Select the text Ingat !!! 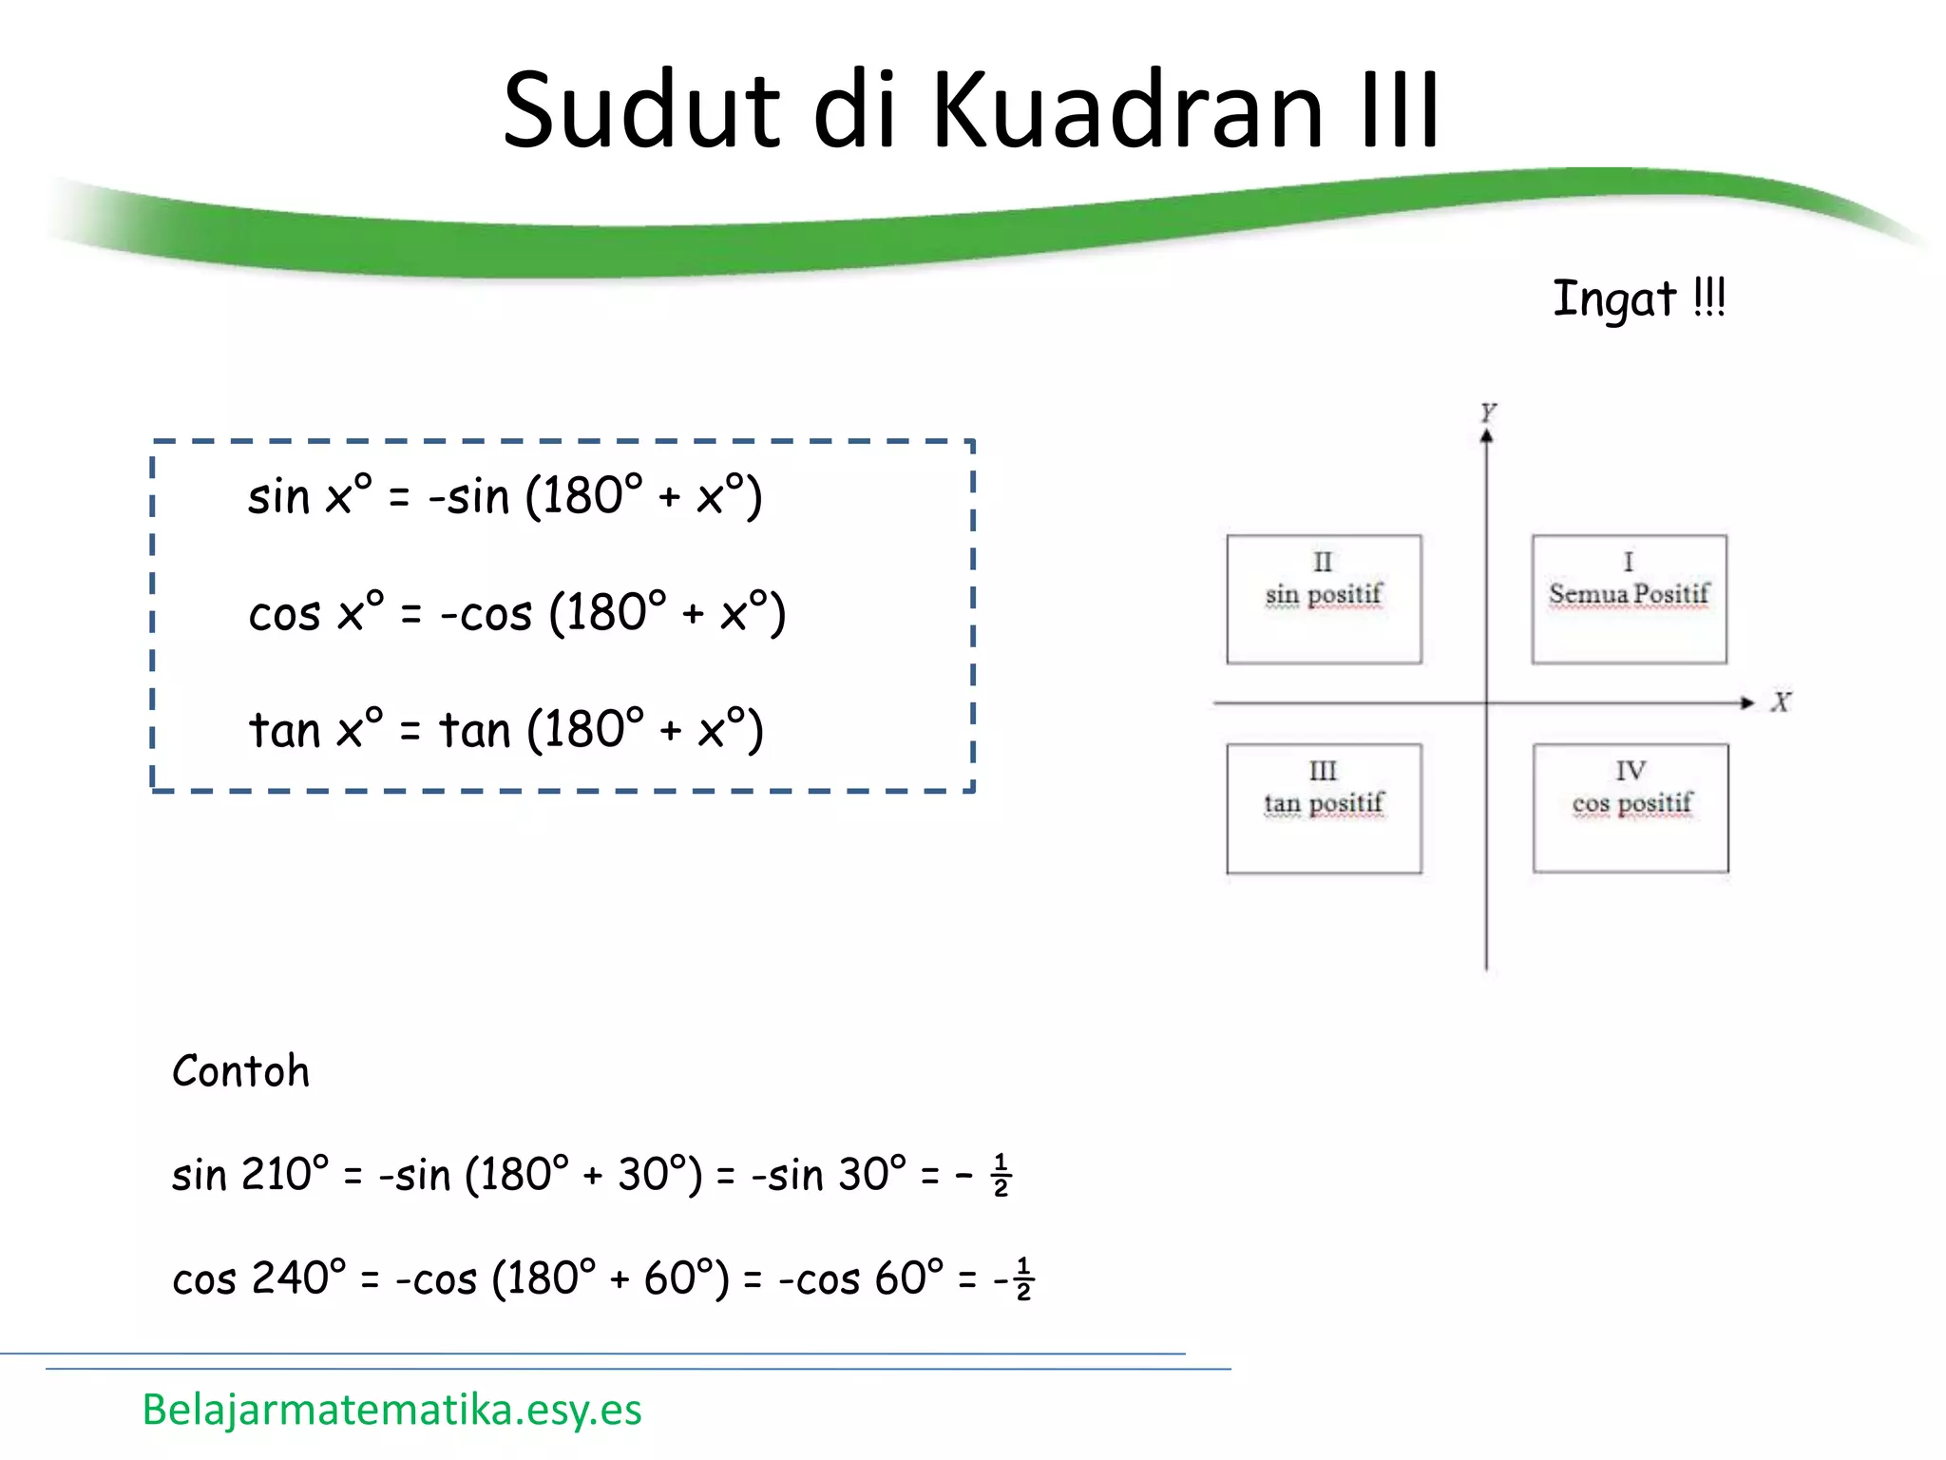1638,298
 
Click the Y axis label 1487,412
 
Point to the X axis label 1780,702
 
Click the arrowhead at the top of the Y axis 1487,435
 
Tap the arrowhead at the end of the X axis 1746,702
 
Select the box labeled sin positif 1324,599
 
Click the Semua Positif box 1629,599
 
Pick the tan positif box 1324,808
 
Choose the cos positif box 1631,808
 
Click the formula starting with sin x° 505,496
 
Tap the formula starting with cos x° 517,613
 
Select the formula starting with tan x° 506,730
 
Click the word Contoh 241,1071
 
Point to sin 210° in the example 250,1175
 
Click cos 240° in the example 258,1278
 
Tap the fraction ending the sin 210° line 1001,1176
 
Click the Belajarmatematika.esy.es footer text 391,1409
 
